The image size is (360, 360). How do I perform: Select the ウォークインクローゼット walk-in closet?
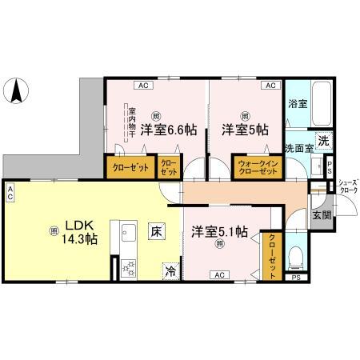point(256,169)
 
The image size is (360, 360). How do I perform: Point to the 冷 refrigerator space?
point(170,271)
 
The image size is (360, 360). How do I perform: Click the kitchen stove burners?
point(130,269)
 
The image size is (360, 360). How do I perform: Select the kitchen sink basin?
point(130,236)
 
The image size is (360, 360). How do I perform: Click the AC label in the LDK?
point(10,194)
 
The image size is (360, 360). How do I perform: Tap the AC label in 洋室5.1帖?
point(218,274)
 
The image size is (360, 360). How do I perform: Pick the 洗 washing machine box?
point(322,141)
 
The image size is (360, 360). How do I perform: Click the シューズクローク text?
point(347,187)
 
